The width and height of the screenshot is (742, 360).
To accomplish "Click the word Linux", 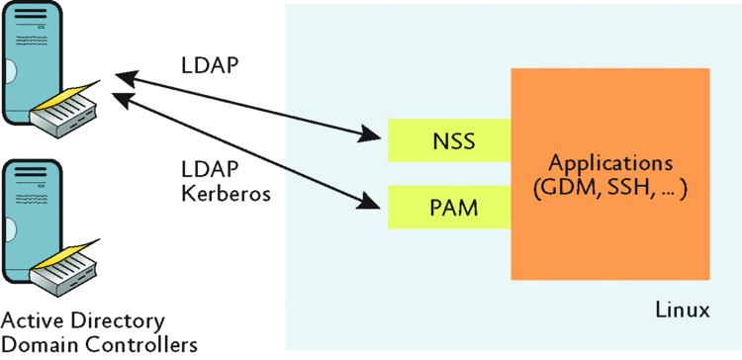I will click(x=683, y=311).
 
